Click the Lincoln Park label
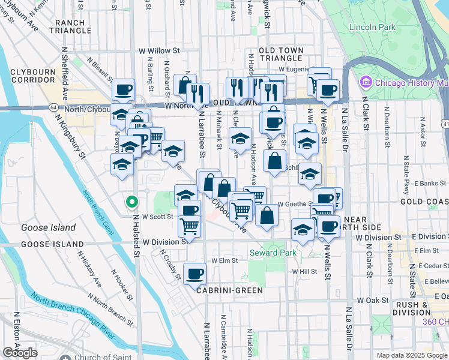coord(372,27)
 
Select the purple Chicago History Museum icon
coord(365,82)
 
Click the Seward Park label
coord(273,253)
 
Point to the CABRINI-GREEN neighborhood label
coord(231,290)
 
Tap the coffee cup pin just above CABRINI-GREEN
coord(194,274)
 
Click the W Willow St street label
coord(159,51)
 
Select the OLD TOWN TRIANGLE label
coord(280,54)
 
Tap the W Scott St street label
coord(158,217)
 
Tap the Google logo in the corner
coord(20,353)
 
